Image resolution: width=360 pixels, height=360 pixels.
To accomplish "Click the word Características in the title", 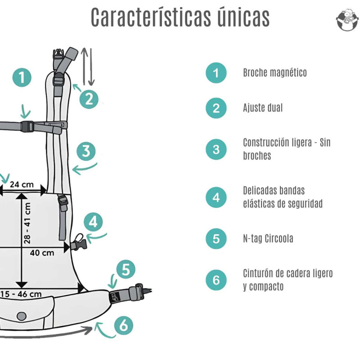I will pyautogui.click(x=148, y=18).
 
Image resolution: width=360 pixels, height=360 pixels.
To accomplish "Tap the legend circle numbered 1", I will pyautogui.click(x=216, y=73).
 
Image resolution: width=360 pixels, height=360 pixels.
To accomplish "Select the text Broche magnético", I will pyautogui.click(x=274, y=73).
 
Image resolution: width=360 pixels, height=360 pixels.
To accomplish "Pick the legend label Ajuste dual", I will pyautogui.click(x=263, y=108).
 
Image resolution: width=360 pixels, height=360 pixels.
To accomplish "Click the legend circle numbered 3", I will pyautogui.click(x=216, y=149).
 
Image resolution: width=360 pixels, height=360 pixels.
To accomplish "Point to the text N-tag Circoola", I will pyautogui.click(x=268, y=238).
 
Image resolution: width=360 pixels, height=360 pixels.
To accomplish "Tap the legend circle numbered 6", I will pyautogui.click(x=216, y=280).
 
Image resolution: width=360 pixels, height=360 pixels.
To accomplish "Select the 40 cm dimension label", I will pyautogui.click(x=42, y=252).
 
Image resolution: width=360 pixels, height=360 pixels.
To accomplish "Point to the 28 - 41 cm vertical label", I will pyautogui.click(x=27, y=223).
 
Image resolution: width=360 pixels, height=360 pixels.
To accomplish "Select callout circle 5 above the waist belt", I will pyautogui.click(x=126, y=270).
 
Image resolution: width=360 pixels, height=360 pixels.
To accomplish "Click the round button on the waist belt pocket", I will pyautogui.click(x=21, y=316).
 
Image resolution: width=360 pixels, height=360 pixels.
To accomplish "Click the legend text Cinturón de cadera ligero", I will pyautogui.click(x=287, y=274).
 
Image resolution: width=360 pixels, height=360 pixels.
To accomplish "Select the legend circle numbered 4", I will pyautogui.click(x=216, y=198).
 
